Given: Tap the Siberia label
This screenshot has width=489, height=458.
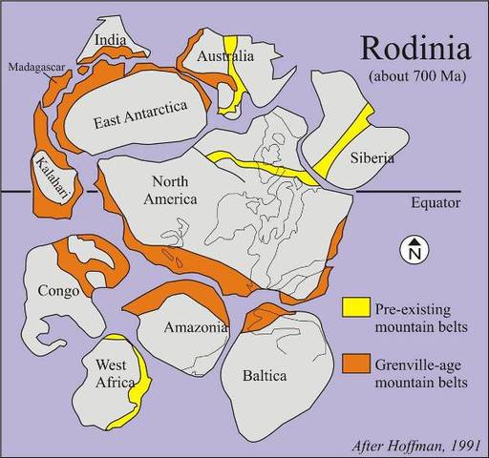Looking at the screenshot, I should click(x=371, y=158).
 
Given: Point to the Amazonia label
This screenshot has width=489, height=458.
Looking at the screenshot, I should click(x=195, y=327).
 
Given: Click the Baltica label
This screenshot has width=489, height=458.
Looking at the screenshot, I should click(x=265, y=375).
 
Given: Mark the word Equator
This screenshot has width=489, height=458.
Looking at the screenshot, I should click(x=436, y=202).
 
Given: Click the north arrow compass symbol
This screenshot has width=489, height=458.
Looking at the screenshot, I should click(x=414, y=250).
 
